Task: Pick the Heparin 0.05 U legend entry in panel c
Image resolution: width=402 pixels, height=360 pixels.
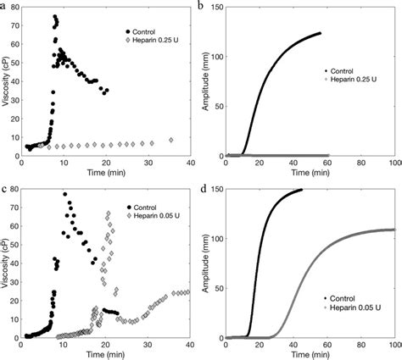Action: pyautogui.click(x=154, y=215)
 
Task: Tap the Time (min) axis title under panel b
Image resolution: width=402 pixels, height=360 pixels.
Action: pyautogui.click(x=310, y=173)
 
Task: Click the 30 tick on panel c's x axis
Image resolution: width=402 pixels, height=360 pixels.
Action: pyautogui.click(x=147, y=346)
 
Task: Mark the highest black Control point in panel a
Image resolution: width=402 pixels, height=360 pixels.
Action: pyautogui.click(x=55, y=17)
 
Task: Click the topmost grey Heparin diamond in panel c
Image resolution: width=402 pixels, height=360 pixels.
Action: pyautogui.click(x=108, y=213)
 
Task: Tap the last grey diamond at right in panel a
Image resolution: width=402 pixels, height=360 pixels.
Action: pyautogui.click(x=171, y=140)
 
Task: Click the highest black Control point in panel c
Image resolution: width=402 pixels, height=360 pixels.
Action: pyautogui.click(x=64, y=194)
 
